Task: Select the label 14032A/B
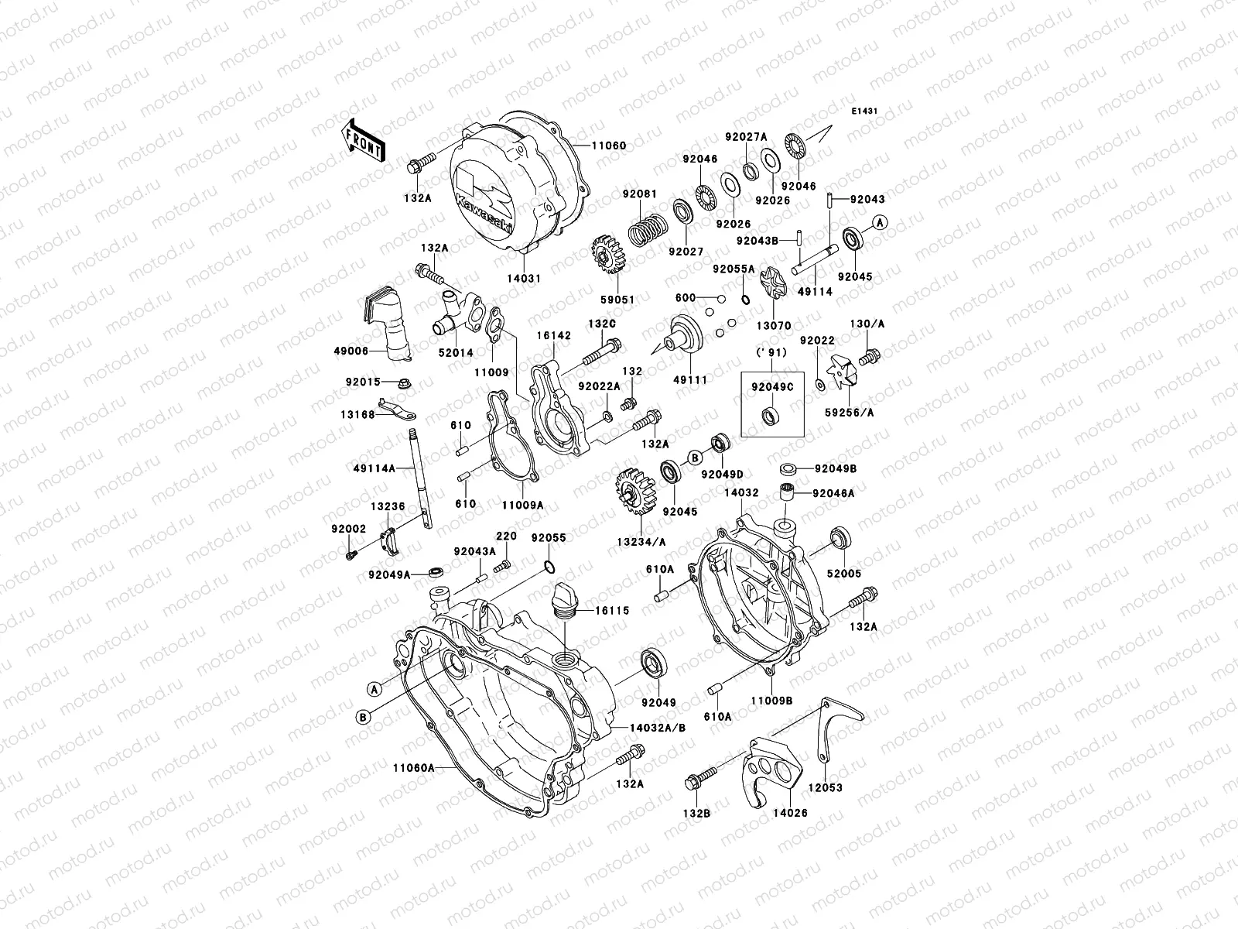[658, 728]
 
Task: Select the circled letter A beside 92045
[880, 223]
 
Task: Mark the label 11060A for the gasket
[412, 767]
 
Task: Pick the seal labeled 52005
[840, 538]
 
